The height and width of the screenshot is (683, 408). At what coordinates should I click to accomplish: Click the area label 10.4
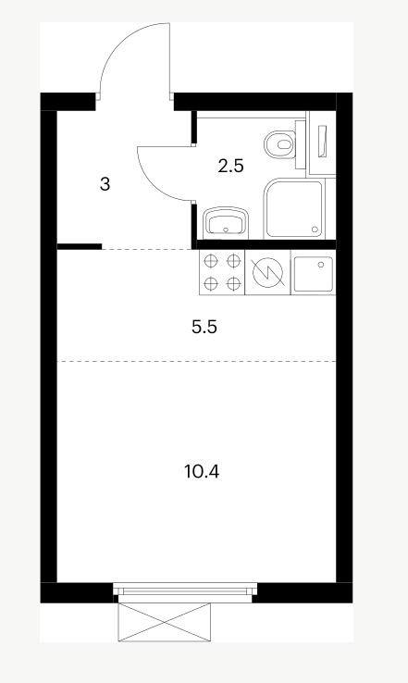pyautogui.click(x=202, y=471)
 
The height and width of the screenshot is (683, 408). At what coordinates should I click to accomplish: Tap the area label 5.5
pyautogui.click(x=204, y=327)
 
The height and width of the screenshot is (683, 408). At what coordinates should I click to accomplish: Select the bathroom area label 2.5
pyautogui.click(x=230, y=166)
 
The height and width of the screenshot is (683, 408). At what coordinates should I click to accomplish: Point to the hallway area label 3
pyautogui.click(x=105, y=184)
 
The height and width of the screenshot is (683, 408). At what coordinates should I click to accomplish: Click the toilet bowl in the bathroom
pyautogui.click(x=279, y=144)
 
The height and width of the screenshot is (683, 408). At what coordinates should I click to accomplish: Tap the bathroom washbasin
pyautogui.click(x=226, y=223)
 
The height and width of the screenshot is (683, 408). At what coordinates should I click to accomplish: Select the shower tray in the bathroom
pyautogui.click(x=294, y=208)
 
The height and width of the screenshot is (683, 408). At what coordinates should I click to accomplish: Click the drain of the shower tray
pyautogui.click(x=315, y=230)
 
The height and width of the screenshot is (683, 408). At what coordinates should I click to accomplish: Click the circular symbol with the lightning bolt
pyautogui.click(x=267, y=272)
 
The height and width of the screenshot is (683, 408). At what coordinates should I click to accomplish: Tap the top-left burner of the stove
pyautogui.click(x=211, y=261)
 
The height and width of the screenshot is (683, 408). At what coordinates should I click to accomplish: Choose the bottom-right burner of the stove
pyautogui.click(x=234, y=283)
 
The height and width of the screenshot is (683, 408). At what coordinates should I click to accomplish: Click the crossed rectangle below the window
pyautogui.click(x=164, y=622)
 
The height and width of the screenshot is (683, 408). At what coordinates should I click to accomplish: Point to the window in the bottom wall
pyautogui.click(x=185, y=591)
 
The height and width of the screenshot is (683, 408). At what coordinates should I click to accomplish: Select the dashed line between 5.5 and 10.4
pyautogui.click(x=196, y=361)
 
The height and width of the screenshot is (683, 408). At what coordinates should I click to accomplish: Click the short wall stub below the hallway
pyautogui.click(x=80, y=246)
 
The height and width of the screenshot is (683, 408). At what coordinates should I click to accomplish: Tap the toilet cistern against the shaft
pyautogui.click(x=301, y=144)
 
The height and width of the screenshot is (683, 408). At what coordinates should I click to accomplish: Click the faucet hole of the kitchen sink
pyautogui.click(x=321, y=264)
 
